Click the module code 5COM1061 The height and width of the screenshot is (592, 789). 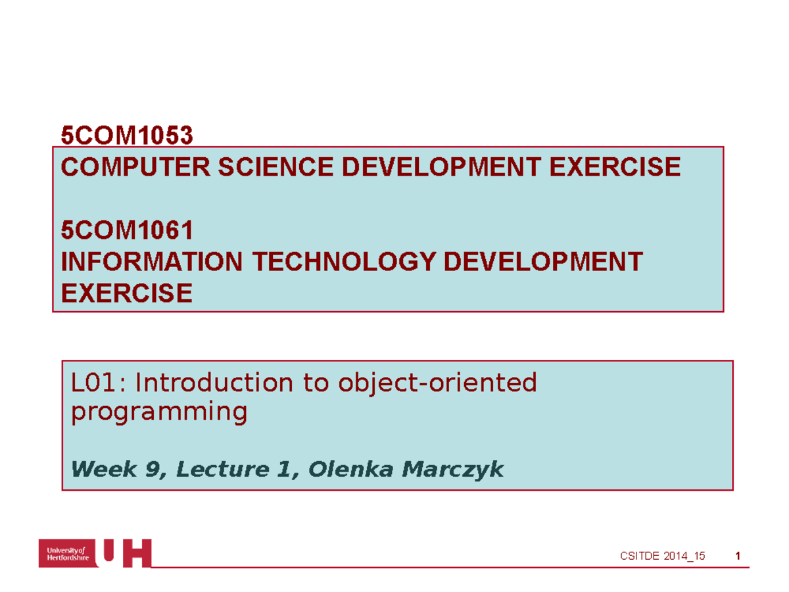click(x=127, y=231)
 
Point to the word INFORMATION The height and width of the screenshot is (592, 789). click(x=152, y=262)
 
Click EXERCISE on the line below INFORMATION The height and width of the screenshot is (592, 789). click(x=126, y=293)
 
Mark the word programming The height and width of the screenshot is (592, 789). click(x=159, y=412)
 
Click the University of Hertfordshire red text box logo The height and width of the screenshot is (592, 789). click(x=66, y=553)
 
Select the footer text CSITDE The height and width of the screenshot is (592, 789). click(x=641, y=556)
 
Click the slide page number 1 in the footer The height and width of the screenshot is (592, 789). click(x=738, y=556)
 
